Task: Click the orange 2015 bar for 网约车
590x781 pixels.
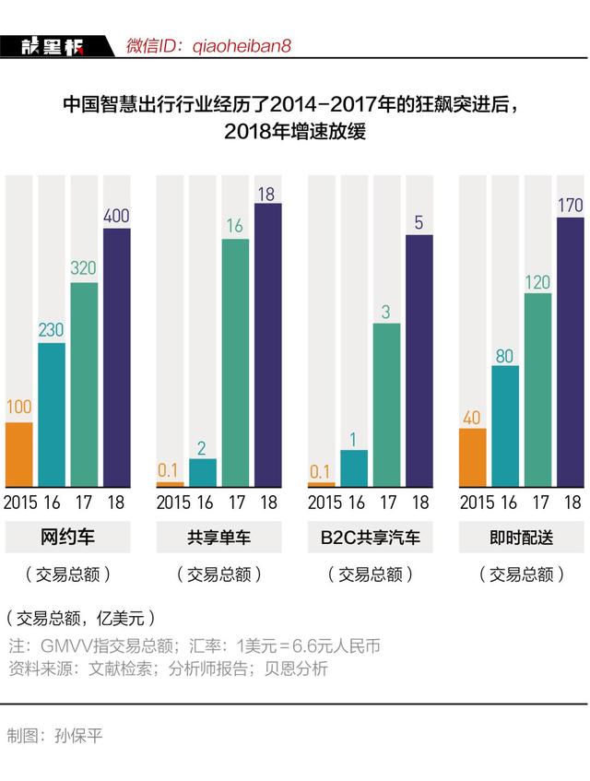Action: (x=19, y=455)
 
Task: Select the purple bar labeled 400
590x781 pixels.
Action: (x=117, y=358)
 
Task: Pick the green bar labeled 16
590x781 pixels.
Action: (x=236, y=362)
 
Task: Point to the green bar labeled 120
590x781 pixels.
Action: (x=537, y=390)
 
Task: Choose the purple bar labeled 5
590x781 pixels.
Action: (x=419, y=361)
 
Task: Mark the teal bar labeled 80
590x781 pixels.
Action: (x=505, y=426)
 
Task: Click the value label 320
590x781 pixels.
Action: (x=84, y=269)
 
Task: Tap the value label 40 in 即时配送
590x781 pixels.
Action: (x=473, y=418)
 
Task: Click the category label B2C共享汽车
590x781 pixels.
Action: (x=370, y=538)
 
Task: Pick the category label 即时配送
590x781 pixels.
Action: (x=522, y=538)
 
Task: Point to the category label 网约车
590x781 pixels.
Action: (x=67, y=538)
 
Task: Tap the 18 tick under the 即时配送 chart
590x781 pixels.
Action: (x=572, y=503)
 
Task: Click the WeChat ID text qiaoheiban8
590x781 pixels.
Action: (x=242, y=45)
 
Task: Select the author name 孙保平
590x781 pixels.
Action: (x=79, y=736)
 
